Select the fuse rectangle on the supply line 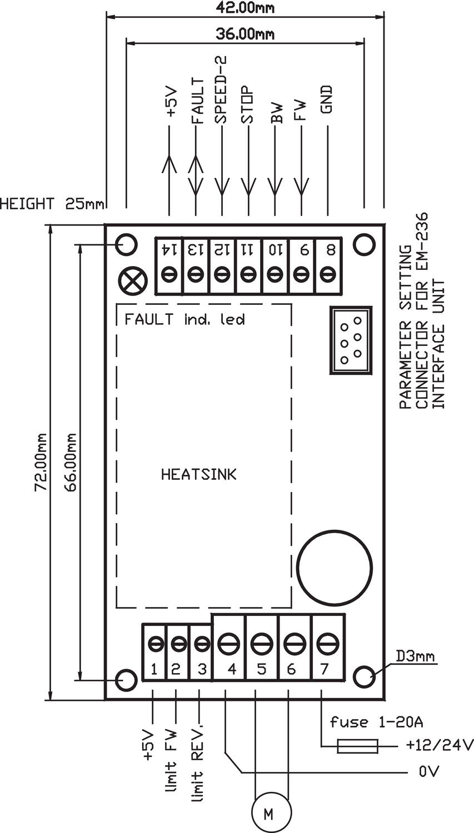[x=358, y=746]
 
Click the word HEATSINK [x=198, y=474]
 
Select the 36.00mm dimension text [x=245, y=34]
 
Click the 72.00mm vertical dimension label [x=41, y=462]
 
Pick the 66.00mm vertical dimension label [x=71, y=462]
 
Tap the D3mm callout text [x=415, y=656]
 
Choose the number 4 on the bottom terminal [x=231, y=669]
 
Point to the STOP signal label [x=247, y=106]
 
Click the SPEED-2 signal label [x=221, y=89]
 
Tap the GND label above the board [x=327, y=99]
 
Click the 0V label [x=430, y=772]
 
